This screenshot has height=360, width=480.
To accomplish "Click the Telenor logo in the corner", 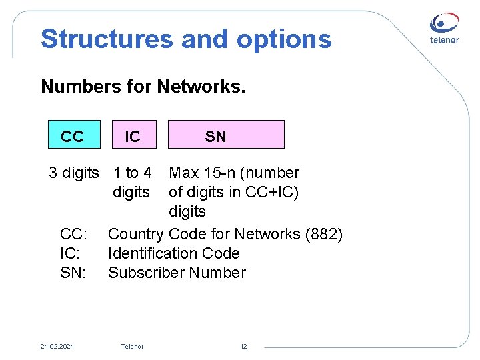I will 445,29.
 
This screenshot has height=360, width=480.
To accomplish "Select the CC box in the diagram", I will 73,136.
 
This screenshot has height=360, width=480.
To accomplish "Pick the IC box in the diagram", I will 133,136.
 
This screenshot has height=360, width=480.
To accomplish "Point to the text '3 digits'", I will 74,173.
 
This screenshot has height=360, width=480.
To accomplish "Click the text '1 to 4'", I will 133,173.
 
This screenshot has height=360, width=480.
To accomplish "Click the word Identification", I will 157,253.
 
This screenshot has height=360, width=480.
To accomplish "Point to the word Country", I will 135,234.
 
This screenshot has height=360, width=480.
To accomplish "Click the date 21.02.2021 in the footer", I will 57,347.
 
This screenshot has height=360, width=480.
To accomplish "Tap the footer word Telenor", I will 132,347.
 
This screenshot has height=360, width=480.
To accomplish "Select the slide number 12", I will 243,347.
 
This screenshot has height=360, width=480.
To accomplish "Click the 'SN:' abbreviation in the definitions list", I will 73,273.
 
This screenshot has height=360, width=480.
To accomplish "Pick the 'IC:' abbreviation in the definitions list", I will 71,253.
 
